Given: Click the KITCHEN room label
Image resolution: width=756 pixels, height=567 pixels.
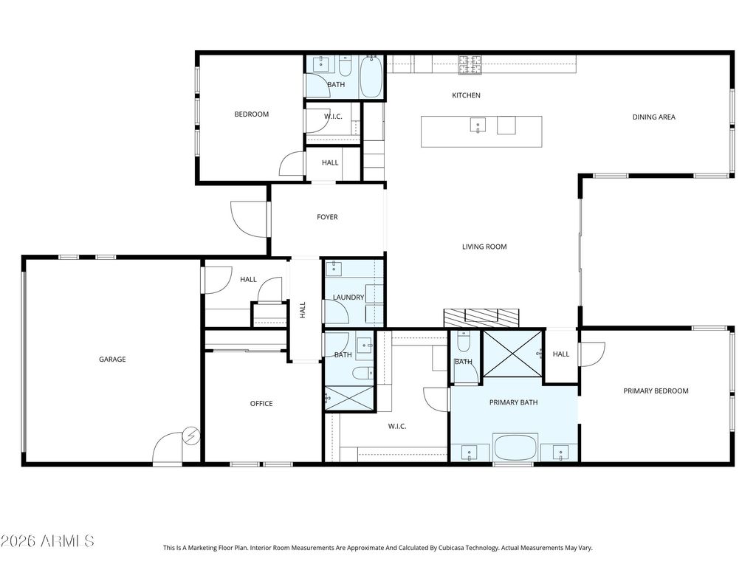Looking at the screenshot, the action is [x=466, y=95].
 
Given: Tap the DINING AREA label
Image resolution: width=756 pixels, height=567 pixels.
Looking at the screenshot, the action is [x=654, y=117].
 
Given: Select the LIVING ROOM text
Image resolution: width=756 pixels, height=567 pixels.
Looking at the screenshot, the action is [x=484, y=247].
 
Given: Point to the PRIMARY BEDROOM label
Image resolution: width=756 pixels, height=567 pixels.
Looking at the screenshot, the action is [x=656, y=391].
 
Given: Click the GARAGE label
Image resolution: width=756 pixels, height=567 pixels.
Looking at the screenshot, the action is [x=112, y=360].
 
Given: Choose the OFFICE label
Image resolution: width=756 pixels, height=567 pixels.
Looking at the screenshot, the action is [x=261, y=404].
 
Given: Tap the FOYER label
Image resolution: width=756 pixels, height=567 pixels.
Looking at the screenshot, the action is [x=327, y=217].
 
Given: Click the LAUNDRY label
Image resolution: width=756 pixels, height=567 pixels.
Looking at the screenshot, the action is [x=348, y=298].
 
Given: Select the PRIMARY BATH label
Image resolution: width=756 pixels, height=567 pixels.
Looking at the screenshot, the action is [x=514, y=402].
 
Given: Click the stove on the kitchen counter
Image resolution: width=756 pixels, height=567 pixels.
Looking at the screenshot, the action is [x=470, y=65].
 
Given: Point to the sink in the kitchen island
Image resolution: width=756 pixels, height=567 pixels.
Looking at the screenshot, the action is [x=478, y=125].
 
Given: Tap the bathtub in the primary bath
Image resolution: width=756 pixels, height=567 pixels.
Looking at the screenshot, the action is [x=515, y=447].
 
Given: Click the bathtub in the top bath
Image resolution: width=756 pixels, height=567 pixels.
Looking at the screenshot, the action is [x=372, y=77].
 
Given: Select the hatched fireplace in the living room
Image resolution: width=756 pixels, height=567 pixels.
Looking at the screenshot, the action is [x=481, y=318].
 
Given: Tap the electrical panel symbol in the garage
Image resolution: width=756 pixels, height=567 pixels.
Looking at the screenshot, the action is [x=193, y=436].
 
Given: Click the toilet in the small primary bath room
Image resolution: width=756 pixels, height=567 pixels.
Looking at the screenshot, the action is [x=464, y=341].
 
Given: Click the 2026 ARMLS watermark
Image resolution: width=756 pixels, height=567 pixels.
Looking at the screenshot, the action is [x=47, y=541].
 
